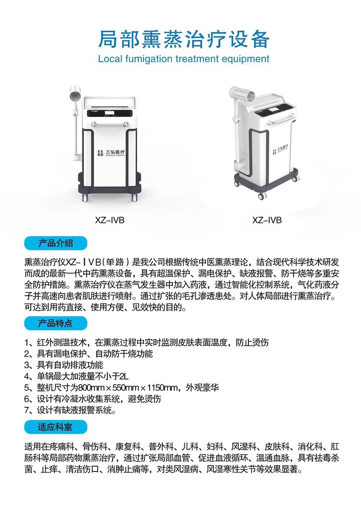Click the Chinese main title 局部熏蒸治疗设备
tap(184, 39)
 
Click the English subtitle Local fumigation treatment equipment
tap(184, 59)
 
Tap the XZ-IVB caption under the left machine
tap(110, 220)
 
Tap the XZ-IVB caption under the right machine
tap(267, 220)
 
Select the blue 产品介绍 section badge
tap(56, 243)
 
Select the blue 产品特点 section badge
tap(56, 323)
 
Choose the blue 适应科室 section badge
tap(56, 427)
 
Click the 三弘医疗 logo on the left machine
tap(111, 153)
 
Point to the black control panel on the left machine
tap(110, 113)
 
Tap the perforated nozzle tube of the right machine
tap(243, 93)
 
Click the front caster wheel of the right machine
tap(262, 196)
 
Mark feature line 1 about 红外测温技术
tap(147, 342)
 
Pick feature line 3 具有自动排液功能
tap(64, 365)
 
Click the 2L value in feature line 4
tap(124, 377)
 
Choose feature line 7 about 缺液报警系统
tap(70, 410)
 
